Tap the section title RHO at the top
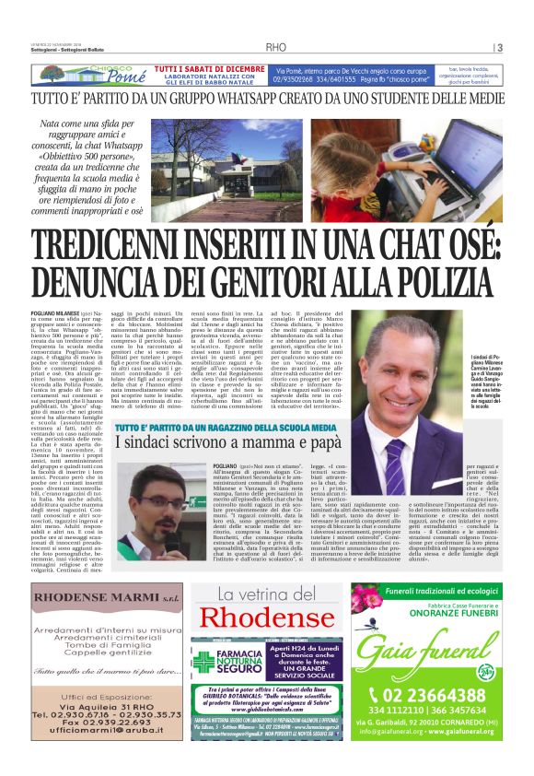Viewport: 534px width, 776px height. (x=276, y=48)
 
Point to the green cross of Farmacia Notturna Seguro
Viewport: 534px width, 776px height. (x=203, y=662)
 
